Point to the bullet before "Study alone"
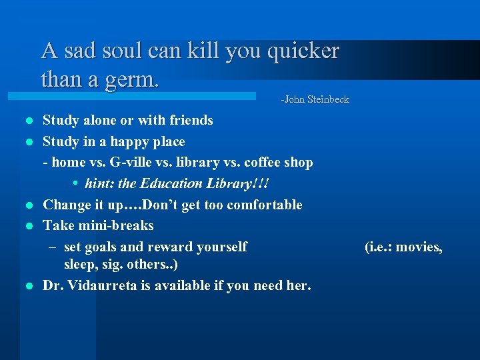tap(27, 121)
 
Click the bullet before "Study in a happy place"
tap(27, 142)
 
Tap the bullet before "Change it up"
tap(27, 205)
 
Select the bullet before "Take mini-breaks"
tap(27, 226)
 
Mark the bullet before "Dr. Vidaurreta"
tap(27, 286)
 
